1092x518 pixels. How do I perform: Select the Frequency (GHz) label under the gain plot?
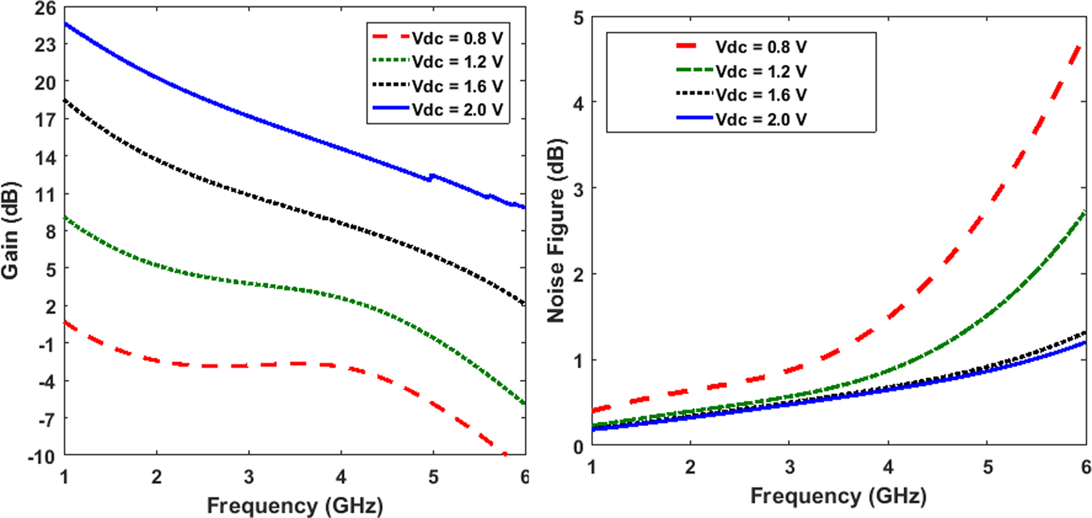pos(294,506)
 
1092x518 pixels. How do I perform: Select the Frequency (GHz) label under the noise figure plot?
pos(838,496)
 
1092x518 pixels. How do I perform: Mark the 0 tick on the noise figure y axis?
pos(577,446)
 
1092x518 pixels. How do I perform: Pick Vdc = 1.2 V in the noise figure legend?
pos(761,72)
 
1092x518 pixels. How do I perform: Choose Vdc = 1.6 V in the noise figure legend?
pos(761,94)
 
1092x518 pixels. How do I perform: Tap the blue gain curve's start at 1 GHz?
pos(66,23)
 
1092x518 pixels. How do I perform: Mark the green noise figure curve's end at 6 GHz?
pos(1086,212)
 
